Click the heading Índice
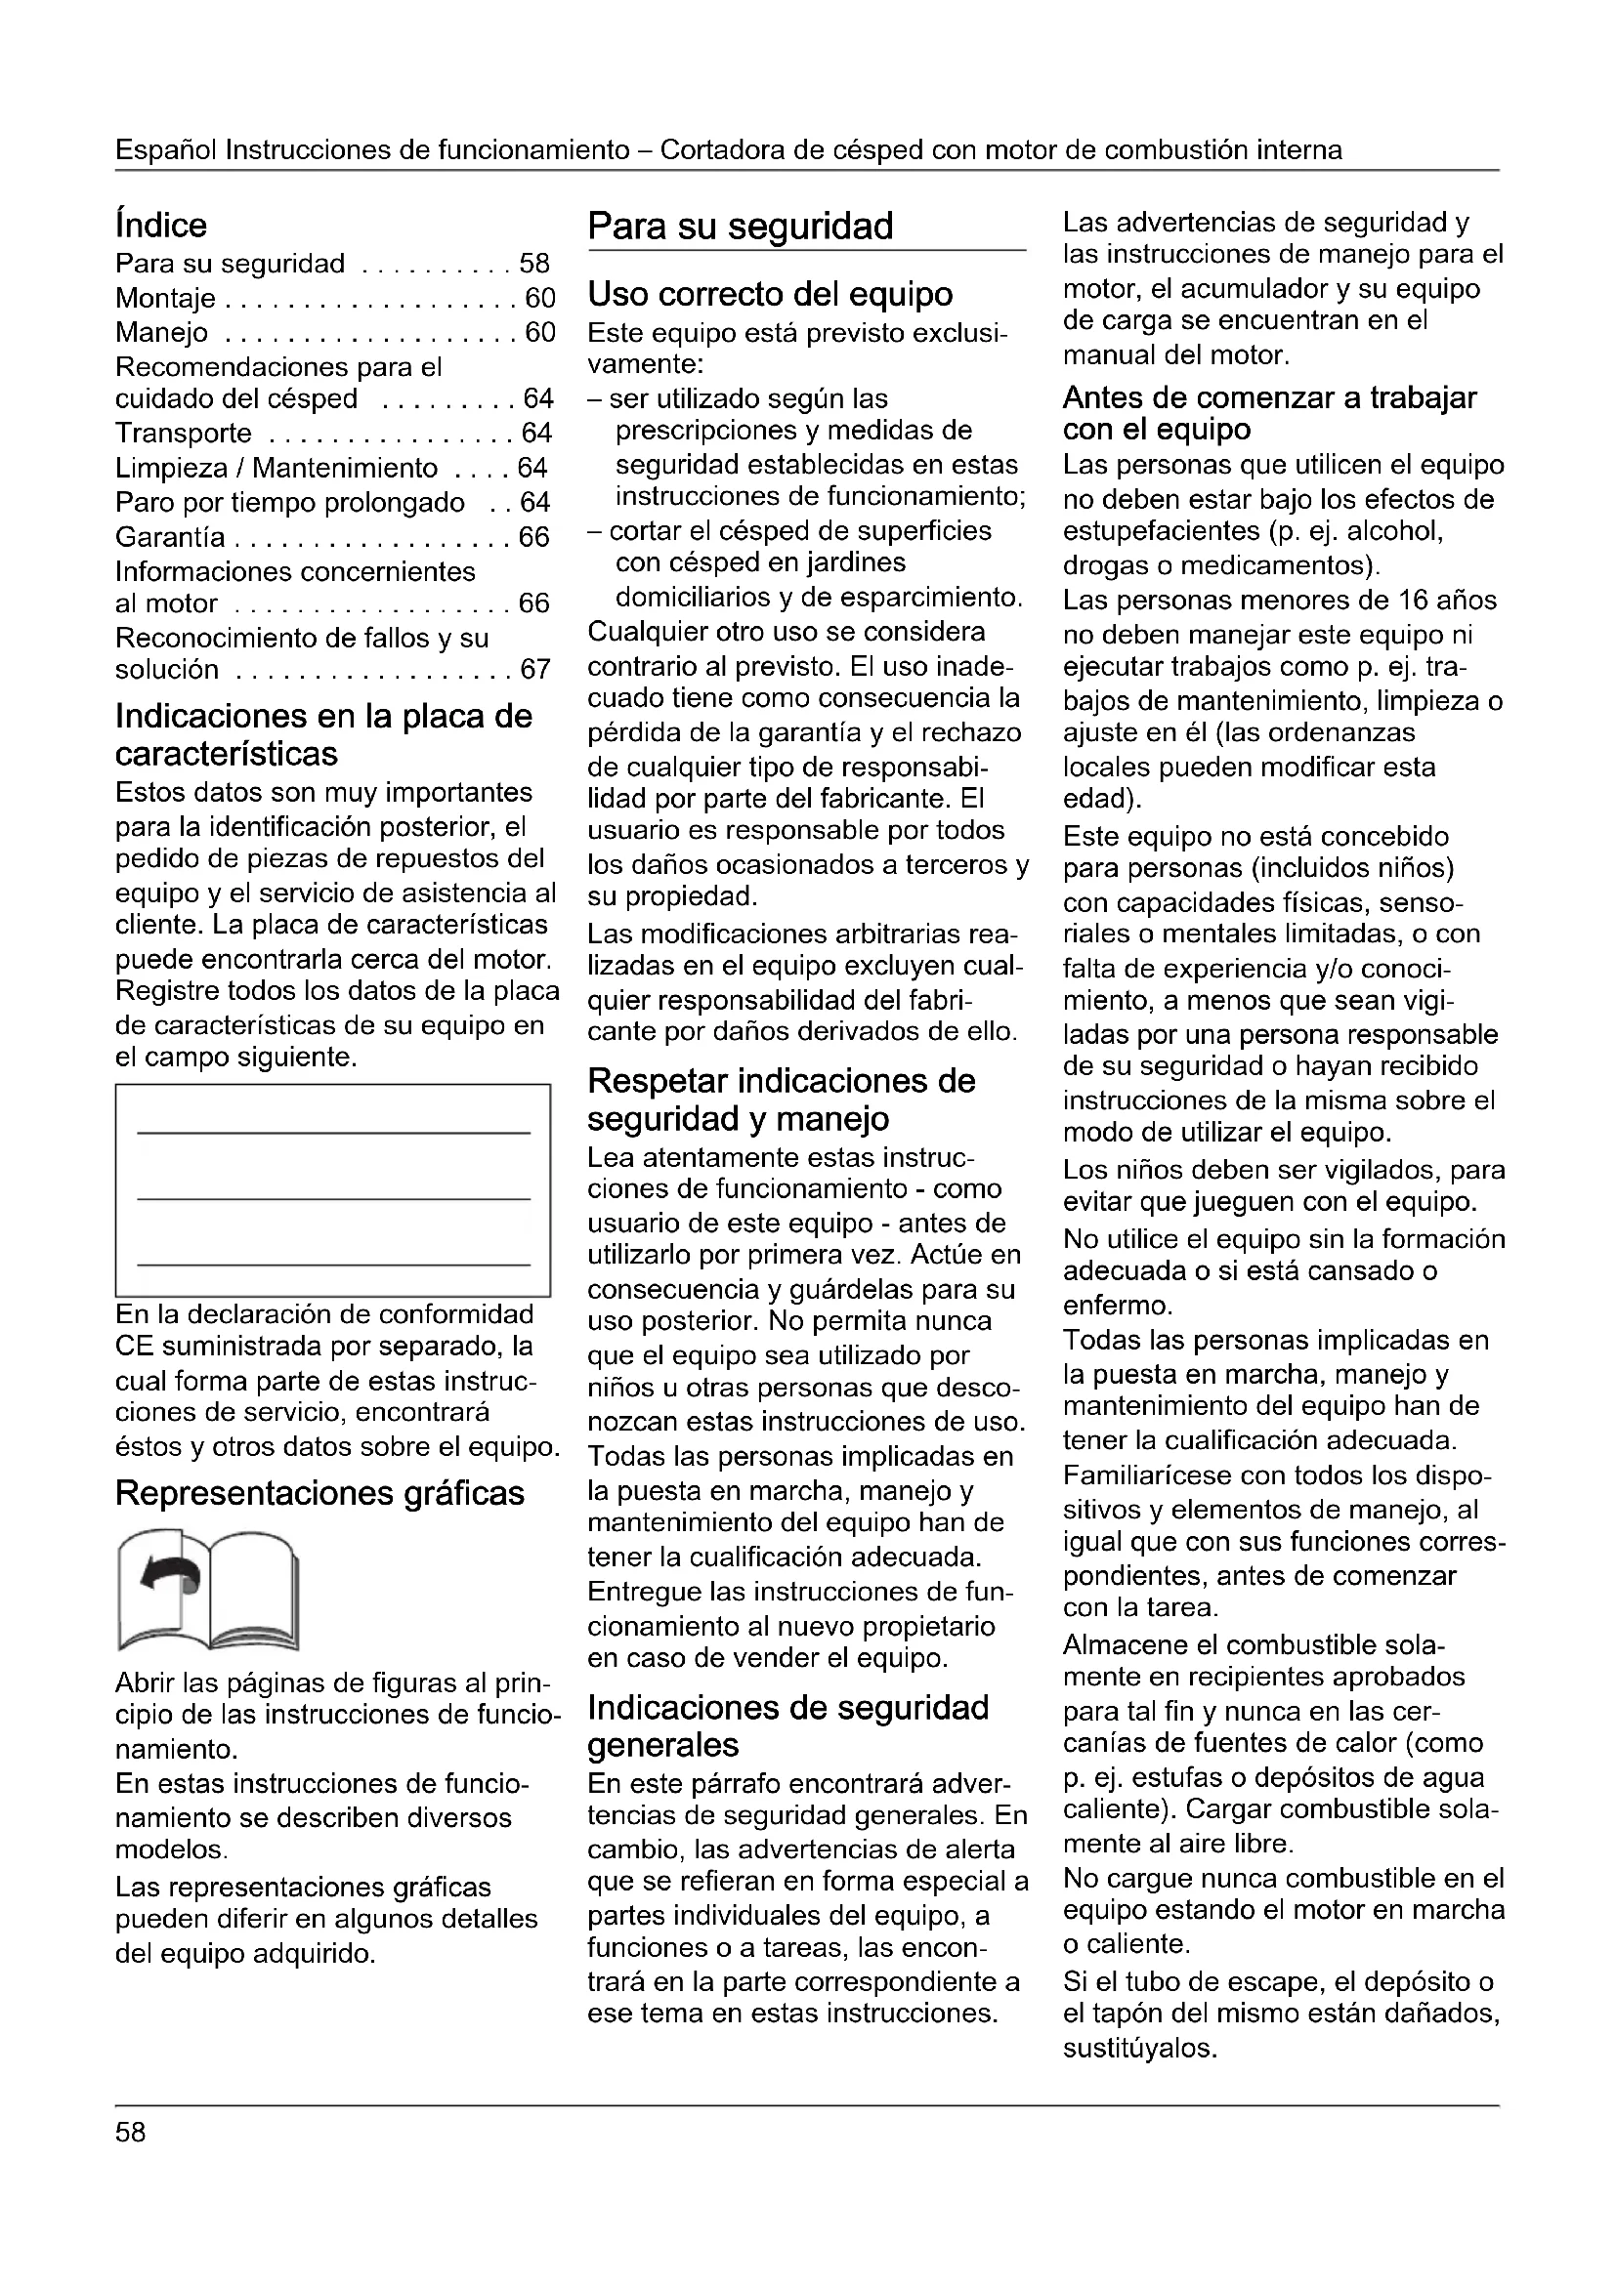click(161, 226)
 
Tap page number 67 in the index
click(535, 670)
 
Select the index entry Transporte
click(184, 434)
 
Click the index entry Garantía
click(170, 537)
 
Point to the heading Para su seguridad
click(741, 227)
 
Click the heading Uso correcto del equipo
click(770, 295)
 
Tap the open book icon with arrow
click(208, 1589)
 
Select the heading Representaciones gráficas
click(319, 1493)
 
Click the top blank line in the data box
click(333, 1133)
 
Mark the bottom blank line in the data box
click(333, 1265)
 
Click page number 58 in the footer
click(130, 2133)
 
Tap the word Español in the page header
click(166, 150)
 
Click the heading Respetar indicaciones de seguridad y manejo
click(782, 1100)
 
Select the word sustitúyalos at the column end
click(1140, 2050)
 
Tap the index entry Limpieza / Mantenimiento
click(276, 469)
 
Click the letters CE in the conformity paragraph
click(132, 1347)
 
